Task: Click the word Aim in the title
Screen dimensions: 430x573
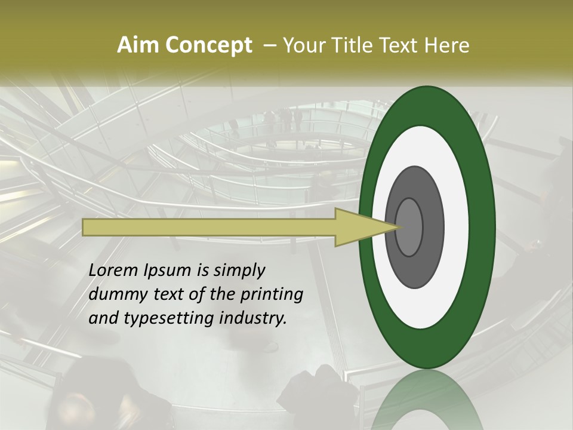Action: pyautogui.click(x=136, y=45)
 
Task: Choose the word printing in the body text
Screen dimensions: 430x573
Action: pyautogui.click(x=270, y=294)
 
